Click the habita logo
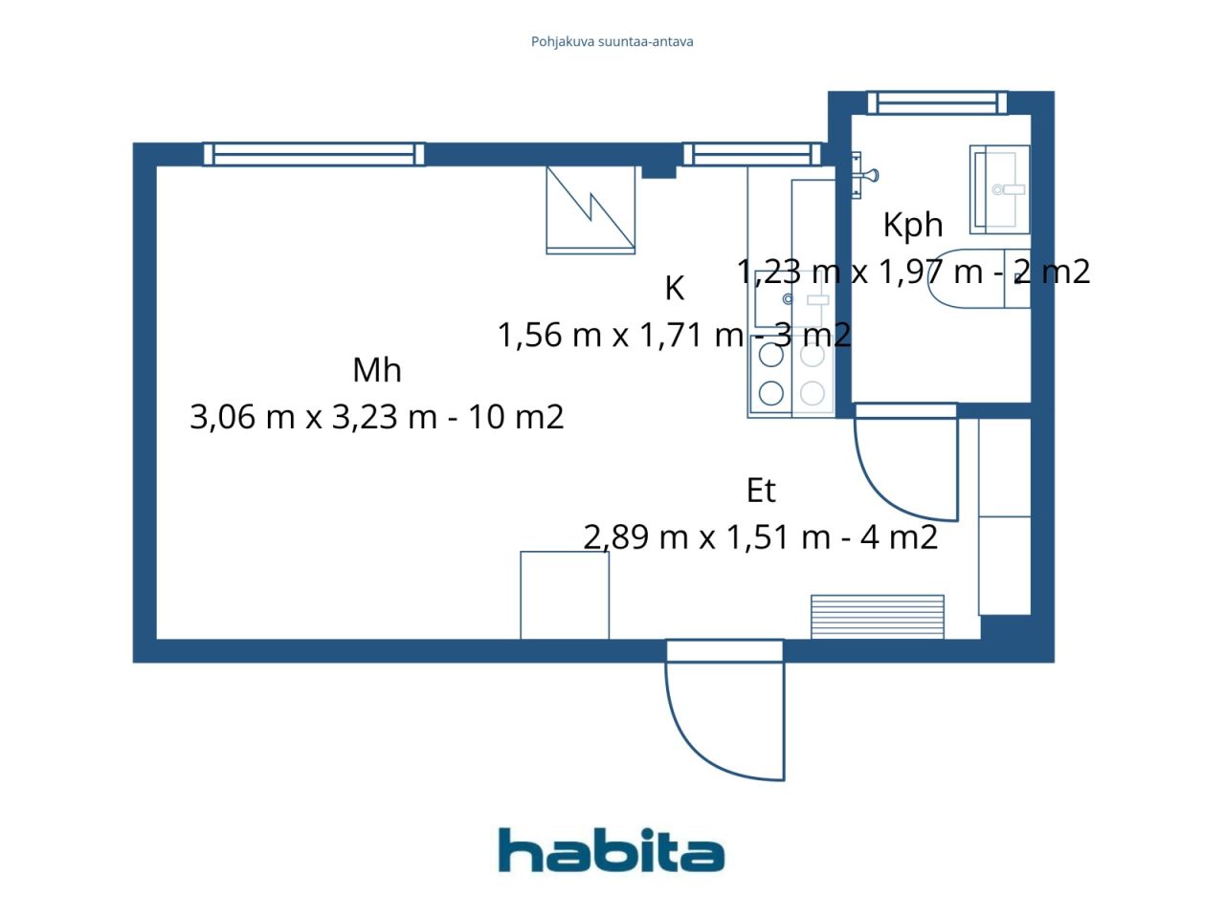coord(612,850)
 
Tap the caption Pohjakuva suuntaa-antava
coord(612,42)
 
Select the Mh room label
coord(377,369)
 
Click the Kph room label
coord(912,226)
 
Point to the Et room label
coord(761,491)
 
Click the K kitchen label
coord(674,288)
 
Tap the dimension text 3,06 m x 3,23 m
coord(314,417)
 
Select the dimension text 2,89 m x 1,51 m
coord(707,537)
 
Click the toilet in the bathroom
coord(979,278)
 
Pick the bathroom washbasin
coord(999,189)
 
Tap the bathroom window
coord(938,103)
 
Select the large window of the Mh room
coord(314,154)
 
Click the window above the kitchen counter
coord(752,154)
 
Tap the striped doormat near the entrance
coord(878,617)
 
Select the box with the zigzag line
coord(590,210)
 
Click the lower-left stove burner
coord(770,394)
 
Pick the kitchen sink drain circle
coord(788,300)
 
